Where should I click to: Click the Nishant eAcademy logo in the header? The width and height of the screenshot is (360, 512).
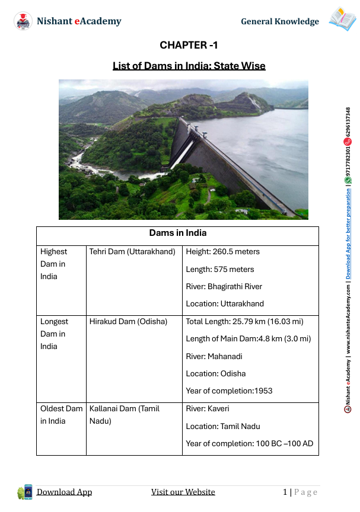pos(23,21)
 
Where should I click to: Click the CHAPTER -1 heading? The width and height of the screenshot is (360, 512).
pos(189,45)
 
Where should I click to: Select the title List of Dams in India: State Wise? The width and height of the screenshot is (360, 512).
pos(189,65)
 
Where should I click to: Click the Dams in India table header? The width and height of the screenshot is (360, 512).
pos(177,233)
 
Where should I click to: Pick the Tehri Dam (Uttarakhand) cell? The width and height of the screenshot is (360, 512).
pos(132,251)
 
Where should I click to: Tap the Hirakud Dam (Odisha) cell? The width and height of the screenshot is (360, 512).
pos(128,321)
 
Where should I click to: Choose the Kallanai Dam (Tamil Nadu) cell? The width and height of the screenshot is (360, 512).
pos(125,414)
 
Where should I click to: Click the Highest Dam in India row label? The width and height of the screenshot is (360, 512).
pos(54,264)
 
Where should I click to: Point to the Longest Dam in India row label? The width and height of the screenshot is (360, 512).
pos(54,334)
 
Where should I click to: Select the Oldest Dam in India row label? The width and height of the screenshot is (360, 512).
pos(61,414)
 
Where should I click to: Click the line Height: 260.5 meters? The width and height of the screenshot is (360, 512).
pos(223,251)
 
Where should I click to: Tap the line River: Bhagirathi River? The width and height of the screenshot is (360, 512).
pos(224,286)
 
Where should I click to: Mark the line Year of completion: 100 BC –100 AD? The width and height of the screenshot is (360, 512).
pos(249,443)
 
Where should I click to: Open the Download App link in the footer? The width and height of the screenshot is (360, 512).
pos(64,492)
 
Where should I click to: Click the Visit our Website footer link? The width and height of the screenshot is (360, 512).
pos(183,492)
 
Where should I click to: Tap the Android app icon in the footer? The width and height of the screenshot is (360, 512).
pos(25,491)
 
